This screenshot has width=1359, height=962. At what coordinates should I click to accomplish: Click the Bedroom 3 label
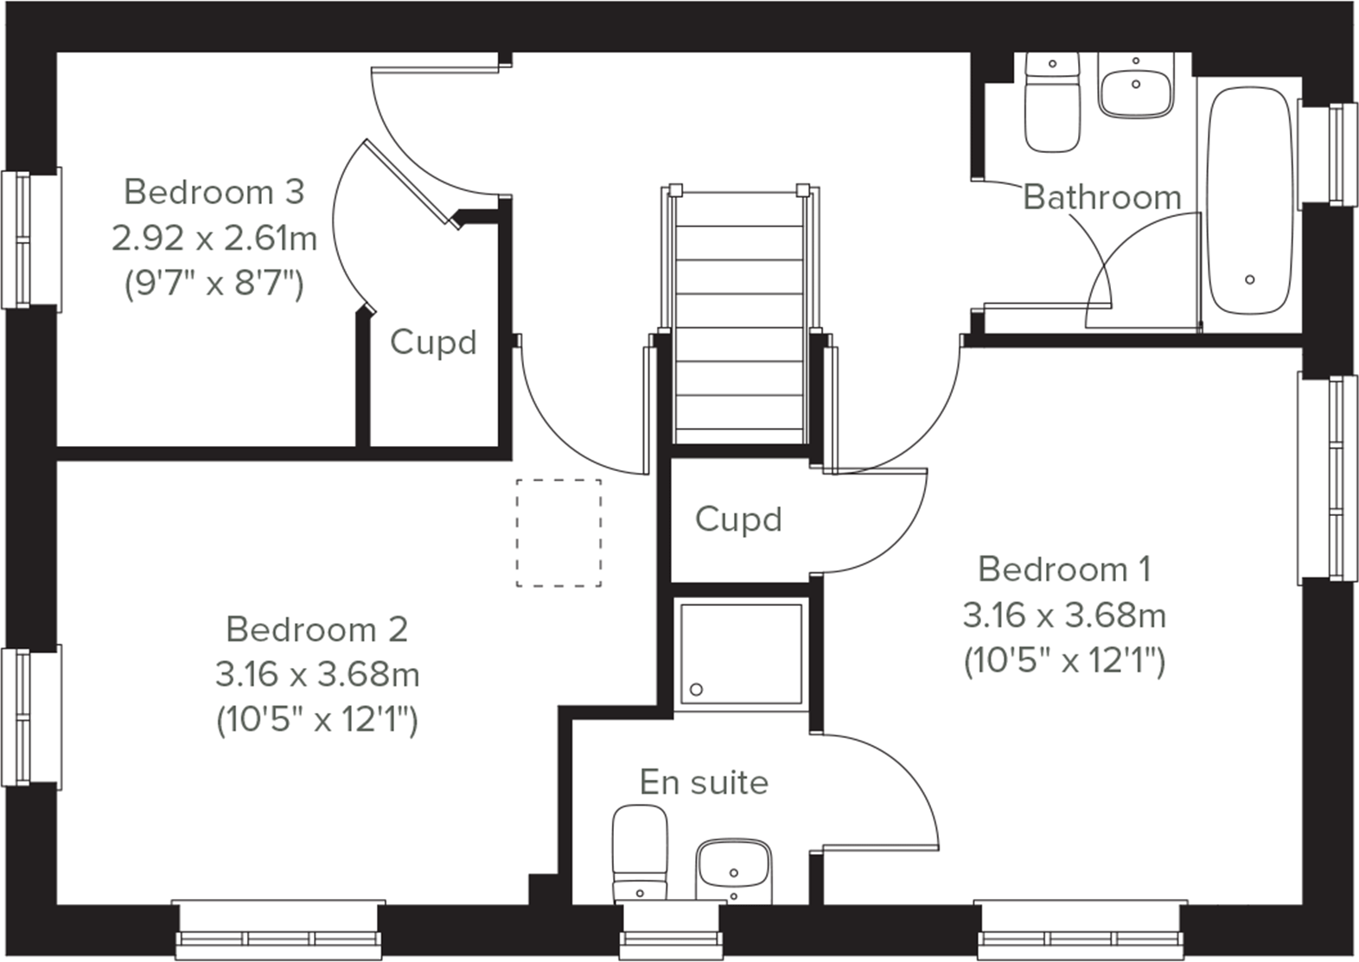(214, 192)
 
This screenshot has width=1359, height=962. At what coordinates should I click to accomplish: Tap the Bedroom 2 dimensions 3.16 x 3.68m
(317, 674)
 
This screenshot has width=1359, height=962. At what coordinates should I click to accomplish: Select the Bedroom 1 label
(1064, 570)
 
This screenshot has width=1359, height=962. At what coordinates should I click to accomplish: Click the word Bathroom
(1101, 198)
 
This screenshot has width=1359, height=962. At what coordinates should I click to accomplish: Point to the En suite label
(704, 782)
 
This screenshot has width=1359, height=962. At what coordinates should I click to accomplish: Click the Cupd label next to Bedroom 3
(433, 342)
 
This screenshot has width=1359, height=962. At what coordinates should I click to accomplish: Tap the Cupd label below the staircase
(738, 519)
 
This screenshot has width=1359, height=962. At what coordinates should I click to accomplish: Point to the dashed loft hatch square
(558, 533)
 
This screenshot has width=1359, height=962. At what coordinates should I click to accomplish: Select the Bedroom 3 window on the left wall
(30, 239)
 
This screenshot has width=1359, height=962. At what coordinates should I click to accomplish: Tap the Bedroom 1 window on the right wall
(1329, 478)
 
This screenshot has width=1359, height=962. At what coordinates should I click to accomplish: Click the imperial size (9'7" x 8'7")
(214, 283)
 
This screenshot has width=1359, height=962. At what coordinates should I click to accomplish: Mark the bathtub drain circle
(1249, 279)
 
